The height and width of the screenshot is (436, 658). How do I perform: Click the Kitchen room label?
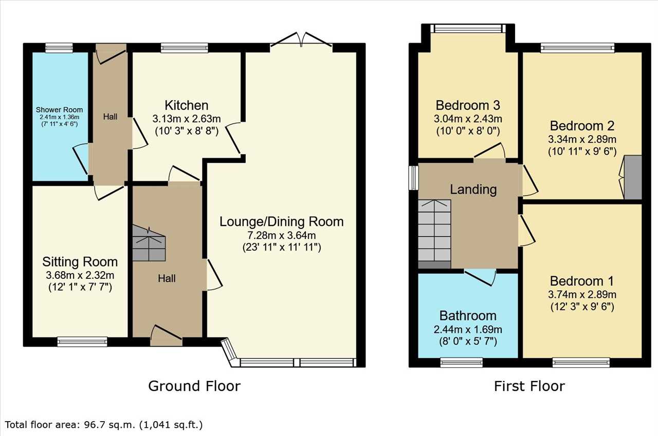(x=187, y=105)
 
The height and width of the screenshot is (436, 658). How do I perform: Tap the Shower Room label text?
(x=59, y=110)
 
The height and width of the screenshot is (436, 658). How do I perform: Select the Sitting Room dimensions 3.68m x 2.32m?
(x=80, y=275)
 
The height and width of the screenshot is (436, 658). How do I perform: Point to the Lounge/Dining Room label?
(x=282, y=221)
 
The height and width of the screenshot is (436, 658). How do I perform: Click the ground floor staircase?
(x=149, y=243)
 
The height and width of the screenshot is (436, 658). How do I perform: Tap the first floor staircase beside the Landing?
(x=434, y=234)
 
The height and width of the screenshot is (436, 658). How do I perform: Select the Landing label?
(x=473, y=189)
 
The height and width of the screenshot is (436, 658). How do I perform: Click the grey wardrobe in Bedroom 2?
(x=633, y=178)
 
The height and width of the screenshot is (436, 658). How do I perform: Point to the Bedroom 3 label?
(x=468, y=105)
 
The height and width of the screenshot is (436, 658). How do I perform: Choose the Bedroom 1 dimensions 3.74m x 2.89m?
(x=582, y=294)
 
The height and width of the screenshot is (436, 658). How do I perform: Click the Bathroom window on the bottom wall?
(x=462, y=363)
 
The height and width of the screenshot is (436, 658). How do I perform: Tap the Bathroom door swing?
(x=480, y=277)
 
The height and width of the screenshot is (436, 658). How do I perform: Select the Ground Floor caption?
(x=194, y=386)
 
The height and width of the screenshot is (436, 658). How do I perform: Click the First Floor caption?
(x=529, y=386)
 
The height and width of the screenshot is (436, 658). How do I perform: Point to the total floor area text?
(x=104, y=425)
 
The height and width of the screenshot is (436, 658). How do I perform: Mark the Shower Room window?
(x=59, y=48)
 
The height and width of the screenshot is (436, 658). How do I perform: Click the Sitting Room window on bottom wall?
(x=82, y=342)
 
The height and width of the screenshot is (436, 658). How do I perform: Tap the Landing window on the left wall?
(x=414, y=178)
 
